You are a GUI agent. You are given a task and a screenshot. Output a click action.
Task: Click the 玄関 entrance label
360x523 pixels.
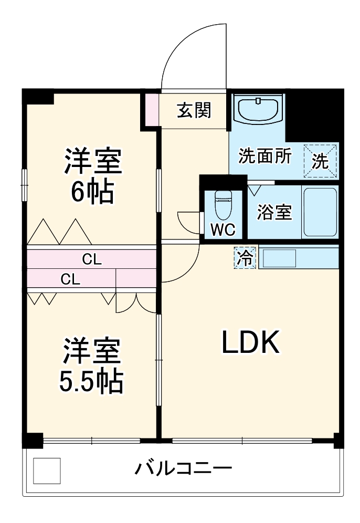coord(194,110)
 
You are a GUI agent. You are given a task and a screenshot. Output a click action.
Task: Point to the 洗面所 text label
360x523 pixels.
coord(264,157)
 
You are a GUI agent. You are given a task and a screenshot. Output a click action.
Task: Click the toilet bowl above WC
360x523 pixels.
coord(223,204)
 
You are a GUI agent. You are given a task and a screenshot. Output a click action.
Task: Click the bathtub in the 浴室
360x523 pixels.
coord(320,212)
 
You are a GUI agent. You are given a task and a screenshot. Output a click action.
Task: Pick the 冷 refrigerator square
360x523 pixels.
coord(245,258)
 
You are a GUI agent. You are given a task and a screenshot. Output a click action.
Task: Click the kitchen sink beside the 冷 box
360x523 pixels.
coord(279,258)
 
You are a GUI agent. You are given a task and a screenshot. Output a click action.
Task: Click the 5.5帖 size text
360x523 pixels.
coord(91,382)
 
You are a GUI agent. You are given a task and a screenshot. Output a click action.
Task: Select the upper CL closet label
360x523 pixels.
coord(92,259)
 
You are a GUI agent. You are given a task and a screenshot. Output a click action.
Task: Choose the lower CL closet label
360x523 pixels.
coord(70,279)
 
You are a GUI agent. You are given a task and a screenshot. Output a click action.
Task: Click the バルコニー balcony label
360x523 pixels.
coord(183,467)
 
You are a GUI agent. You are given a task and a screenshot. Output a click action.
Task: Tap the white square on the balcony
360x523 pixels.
coord(47,470)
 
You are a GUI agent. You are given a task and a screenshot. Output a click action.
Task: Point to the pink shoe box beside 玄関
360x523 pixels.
coord(151,110)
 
